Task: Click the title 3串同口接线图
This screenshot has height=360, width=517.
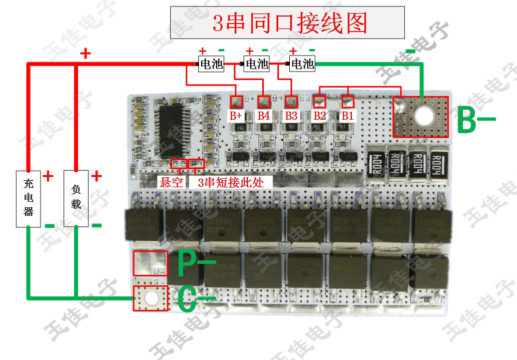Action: pyautogui.click(x=287, y=23)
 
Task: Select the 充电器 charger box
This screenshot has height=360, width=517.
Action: pyautogui.click(x=28, y=199)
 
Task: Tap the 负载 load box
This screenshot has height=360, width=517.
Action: pyautogui.click(x=76, y=199)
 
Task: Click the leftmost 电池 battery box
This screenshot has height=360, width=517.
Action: pyautogui.click(x=211, y=64)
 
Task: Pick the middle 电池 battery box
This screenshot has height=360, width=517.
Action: pyautogui.click(x=256, y=64)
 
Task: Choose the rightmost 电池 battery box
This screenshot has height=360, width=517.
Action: pyautogui.click(x=302, y=64)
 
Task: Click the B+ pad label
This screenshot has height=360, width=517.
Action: pyautogui.click(x=236, y=116)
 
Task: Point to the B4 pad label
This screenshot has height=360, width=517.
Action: pyautogui.click(x=264, y=116)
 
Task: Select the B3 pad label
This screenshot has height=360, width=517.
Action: pyautogui.click(x=291, y=116)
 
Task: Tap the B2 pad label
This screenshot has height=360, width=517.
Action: pyautogui.click(x=319, y=116)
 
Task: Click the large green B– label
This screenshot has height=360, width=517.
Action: pyautogui.click(x=475, y=120)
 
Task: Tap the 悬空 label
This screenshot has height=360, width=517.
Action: pyautogui.click(x=171, y=181)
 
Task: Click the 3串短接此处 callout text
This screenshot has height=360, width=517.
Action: pyautogui.click(x=231, y=181)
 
